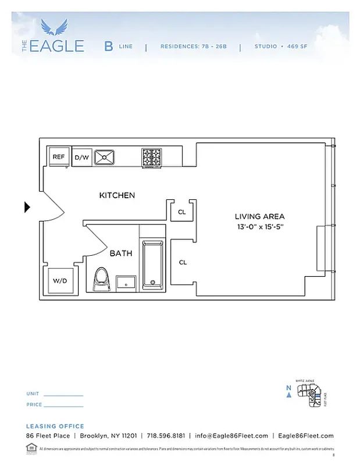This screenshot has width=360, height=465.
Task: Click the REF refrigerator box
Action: tap(59, 157)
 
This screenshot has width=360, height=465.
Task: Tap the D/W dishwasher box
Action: tap(81, 158)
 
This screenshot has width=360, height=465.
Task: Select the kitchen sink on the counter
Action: tap(105, 157)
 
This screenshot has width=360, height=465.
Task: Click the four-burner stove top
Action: tap(151, 157)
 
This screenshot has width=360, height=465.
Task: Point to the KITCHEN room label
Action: tap(117, 195)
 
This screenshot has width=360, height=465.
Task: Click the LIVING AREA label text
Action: tap(259, 216)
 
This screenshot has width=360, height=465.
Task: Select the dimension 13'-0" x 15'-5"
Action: tap(259, 227)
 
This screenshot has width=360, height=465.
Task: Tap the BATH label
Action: tap(121, 253)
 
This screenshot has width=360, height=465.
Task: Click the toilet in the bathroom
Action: tap(101, 279)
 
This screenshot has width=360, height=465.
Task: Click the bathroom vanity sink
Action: tap(126, 282)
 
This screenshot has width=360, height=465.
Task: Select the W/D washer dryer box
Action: tap(60, 281)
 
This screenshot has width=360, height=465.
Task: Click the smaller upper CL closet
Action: tap(181, 212)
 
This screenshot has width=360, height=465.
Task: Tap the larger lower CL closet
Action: tap(182, 262)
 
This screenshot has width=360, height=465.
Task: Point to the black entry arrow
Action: tap(27, 207)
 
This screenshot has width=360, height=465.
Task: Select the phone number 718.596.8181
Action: tap(166, 436)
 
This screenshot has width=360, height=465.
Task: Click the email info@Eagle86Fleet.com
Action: tap(231, 436)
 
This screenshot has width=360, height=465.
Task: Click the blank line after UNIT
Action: tap(63, 394)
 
